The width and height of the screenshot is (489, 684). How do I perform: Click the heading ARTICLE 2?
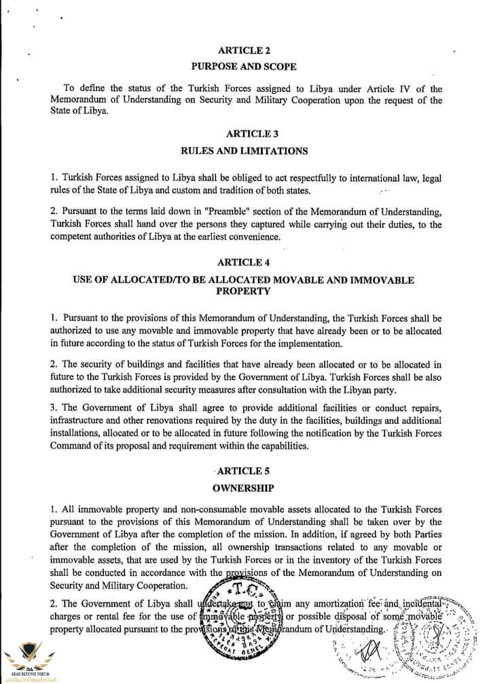tap(243, 50)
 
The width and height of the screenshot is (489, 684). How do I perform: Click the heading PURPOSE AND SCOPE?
tap(243, 67)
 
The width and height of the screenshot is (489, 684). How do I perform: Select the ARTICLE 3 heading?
tap(243, 133)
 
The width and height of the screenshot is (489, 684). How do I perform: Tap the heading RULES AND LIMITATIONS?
tap(244, 151)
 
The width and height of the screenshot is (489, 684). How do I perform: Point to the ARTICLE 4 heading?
tap(243, 262)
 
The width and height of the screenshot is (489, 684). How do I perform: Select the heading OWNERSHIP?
tap(243, 488)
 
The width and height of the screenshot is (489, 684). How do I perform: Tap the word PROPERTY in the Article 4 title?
tap(243, 291)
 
